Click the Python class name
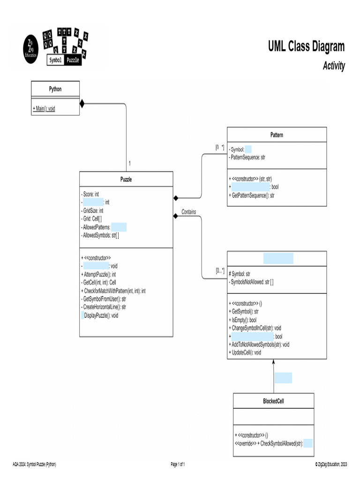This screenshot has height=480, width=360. coord(55,89)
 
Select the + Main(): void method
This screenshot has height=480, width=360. coord(44,108)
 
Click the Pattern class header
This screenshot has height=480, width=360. coord(277,135)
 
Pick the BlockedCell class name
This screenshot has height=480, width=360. coord(273,401)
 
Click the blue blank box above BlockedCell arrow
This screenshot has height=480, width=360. coord(283,378)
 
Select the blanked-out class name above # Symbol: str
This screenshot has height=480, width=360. coord(278,258)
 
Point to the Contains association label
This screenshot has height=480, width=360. coord(189,212)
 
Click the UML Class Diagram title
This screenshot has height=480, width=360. coord(306,46)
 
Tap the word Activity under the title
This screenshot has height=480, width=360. coord(333,66)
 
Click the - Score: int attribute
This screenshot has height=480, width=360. coord(90,194)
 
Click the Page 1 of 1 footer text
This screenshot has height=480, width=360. coord(178,464)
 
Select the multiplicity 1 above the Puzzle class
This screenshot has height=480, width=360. coord(129,164)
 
